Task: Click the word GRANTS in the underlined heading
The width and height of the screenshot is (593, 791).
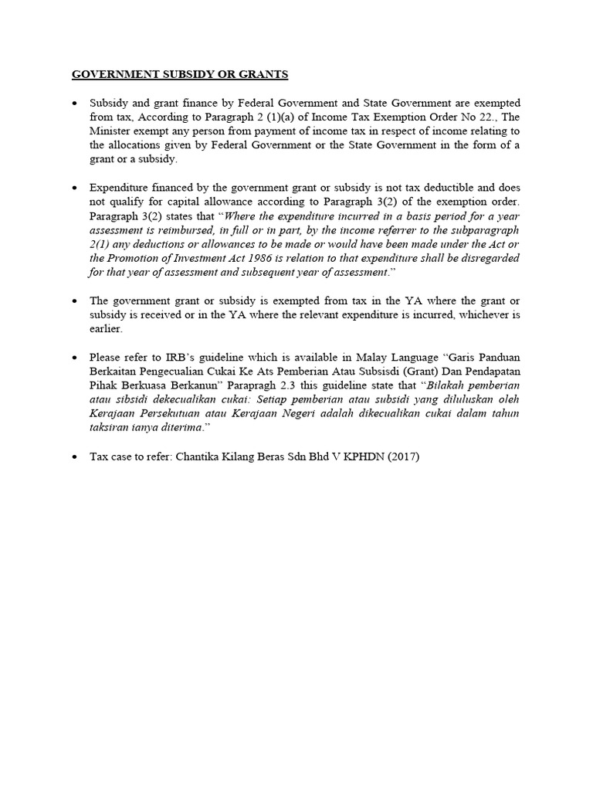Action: tap(263, 75)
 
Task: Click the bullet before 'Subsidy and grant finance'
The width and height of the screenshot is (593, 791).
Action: tap(74, 104)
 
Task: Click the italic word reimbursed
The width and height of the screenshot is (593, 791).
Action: tap(180, 229)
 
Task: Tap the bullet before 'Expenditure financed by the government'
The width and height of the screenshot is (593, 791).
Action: tap(74, 188)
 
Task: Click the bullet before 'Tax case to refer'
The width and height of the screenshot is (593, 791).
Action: tap(74, 455)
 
